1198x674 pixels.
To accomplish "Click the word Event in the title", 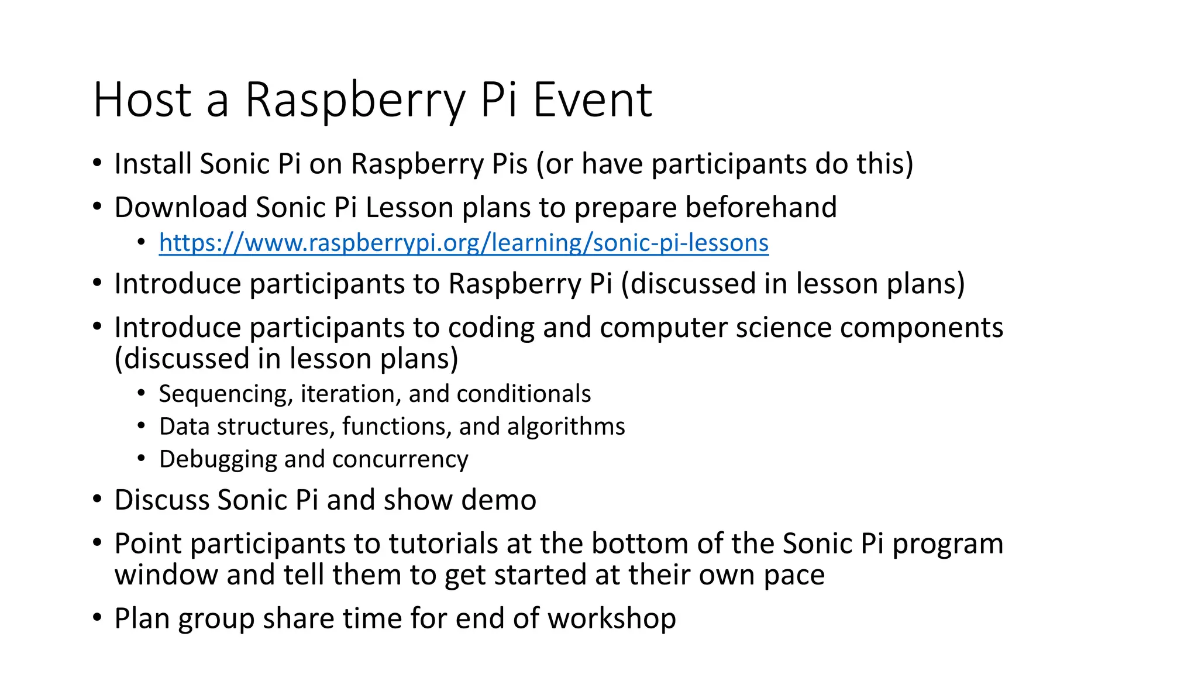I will click(x=592, y=101).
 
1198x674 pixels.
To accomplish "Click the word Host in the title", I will click(x=142, y=101).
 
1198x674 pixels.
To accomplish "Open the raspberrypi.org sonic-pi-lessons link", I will click(x=463, y=243).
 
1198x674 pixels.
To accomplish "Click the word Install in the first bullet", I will click(x=153, y=164).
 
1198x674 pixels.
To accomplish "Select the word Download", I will click(x=181, y=208).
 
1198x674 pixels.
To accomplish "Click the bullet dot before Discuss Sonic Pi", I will click(x=97, y=500).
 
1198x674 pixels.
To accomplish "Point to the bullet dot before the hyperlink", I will click(x=141, y=242).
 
